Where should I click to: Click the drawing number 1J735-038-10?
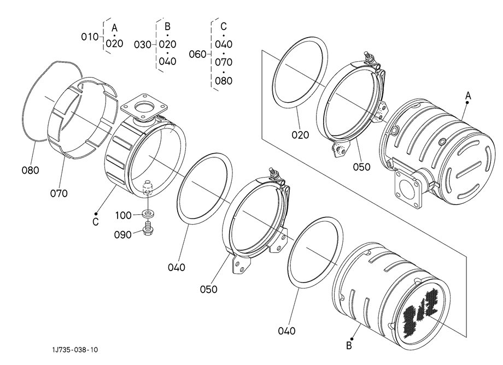pos(75,350)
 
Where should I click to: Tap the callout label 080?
pos(30,170)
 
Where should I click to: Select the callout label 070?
pos(59,193)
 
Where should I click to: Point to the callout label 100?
pos(124,215)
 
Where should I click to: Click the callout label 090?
pos(123,235)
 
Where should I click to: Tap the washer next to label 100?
pos(148,213)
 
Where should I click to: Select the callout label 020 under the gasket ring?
pos(300,135)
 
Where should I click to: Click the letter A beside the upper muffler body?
pos(468,96)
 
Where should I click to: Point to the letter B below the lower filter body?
pos(349,346)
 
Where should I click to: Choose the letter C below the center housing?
pos(95,222)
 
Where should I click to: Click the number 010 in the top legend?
pos(90,37)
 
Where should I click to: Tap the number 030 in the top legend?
pos(143,45)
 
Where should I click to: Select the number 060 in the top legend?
pos(197,54)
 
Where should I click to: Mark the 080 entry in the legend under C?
pos(224,80)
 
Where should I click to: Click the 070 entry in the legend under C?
pos(224,62)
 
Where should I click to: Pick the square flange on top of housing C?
pos(144,107)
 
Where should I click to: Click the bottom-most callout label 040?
pos(287,331)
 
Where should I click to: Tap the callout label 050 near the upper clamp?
pos(361,167)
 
